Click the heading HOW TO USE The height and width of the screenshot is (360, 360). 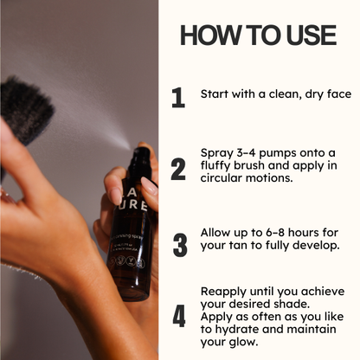point(258,35)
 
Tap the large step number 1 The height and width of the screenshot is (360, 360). point(178,97)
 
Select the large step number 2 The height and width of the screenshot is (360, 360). point(178,170)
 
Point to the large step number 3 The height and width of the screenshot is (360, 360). point(179,245)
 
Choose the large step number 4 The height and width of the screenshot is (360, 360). point(178,317)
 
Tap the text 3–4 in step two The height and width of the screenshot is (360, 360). point(249,153)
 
